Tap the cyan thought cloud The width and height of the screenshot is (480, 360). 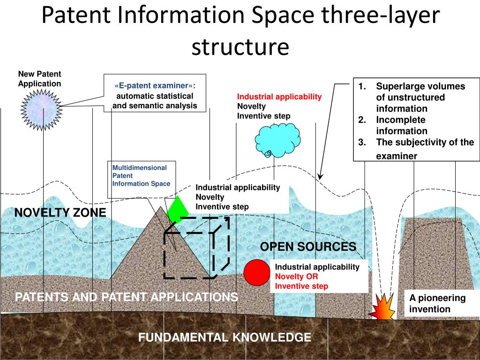click(x=277, y=139)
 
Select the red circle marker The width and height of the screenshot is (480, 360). click(x=255, y=272)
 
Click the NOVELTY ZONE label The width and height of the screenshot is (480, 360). click(x=60, y=213)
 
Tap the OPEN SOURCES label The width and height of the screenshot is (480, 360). click(x=308, y=247)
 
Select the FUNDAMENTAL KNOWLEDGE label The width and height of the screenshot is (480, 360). click(x=225, y=337)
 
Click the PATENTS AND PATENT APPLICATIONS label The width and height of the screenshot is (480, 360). click(x=127, y=297)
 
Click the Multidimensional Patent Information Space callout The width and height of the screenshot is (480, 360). click(x=141, y=175)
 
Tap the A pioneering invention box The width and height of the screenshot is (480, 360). click(x=437, y=304)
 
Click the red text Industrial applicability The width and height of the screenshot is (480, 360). click(x=279, y=97)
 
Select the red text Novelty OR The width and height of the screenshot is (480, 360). click(x=297, y=277)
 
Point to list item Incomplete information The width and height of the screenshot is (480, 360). click(x=401, y=126)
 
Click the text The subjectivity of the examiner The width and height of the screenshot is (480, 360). click(x=425, y=149)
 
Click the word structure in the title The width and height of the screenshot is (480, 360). click(x=240, y=47)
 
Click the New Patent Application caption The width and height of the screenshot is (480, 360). click(x=40, y=79)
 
